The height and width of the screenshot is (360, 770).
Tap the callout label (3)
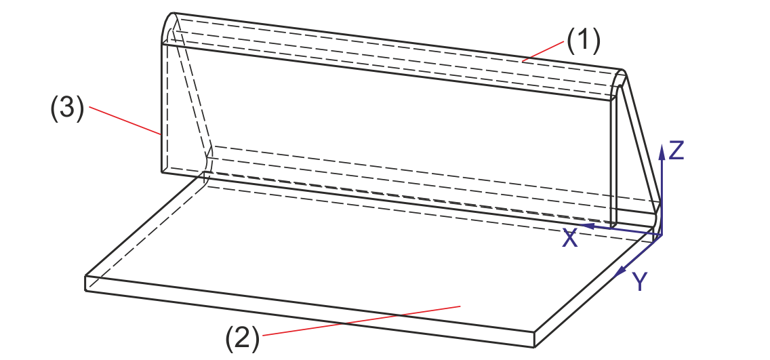[x=67, y=110]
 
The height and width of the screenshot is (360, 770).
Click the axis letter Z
[x=676, y=150]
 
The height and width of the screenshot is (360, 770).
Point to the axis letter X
[x=570, y=238]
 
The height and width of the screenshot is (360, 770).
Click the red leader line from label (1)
[x=543, y=52]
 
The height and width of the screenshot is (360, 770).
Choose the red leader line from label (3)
[x=125, y=121]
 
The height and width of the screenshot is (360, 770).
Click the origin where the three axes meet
[x=661, y=235]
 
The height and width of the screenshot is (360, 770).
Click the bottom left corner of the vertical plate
[x=161, y=172]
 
